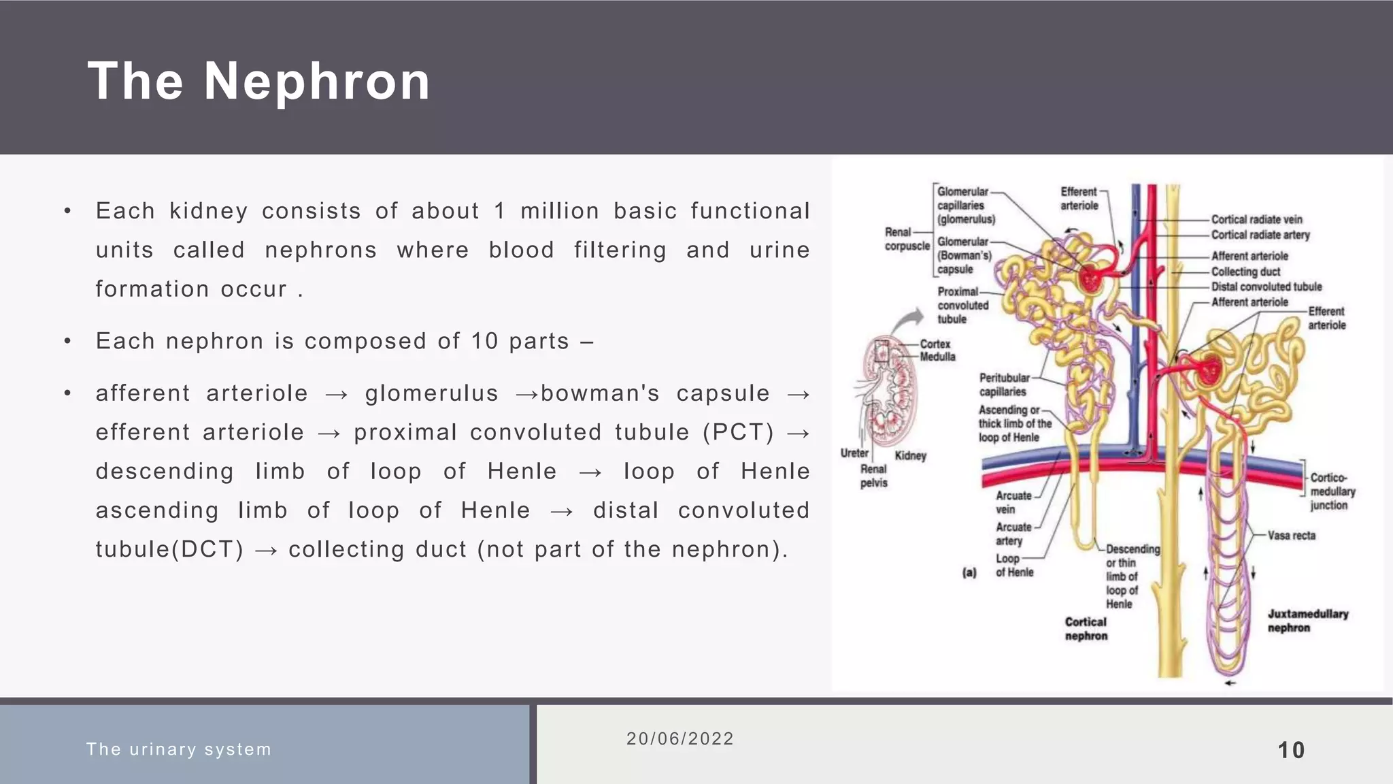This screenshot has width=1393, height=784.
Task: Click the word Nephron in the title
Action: click(317, 82)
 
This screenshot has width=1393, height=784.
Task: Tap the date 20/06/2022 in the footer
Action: click(679, 739)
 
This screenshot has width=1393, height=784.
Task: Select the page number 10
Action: click(1290, 750)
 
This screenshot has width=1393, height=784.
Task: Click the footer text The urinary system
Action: click(179, 749)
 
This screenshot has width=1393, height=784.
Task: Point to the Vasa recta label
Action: click(1291, 536)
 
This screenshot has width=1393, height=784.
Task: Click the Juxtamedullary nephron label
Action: click(1307, 621)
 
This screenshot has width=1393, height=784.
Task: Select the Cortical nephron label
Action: click(1086, 629)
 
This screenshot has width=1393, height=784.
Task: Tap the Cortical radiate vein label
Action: click(1256, 219)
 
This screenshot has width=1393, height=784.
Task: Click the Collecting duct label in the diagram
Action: click(1245, 272)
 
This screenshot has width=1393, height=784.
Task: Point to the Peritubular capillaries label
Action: click(1004, 385)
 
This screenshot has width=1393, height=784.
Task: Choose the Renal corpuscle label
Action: click(906, 239)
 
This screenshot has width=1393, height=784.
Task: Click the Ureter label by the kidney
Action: click(854, 453)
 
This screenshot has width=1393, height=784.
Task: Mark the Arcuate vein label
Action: click(1013, 502)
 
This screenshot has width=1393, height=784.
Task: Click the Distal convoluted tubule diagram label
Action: click(1266, 287)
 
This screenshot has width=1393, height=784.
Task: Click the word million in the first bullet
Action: click(560, 211)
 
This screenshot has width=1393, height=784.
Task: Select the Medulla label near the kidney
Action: click(937, 357)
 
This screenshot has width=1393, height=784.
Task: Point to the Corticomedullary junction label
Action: click(1332, 491)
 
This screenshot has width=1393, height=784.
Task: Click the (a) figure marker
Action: click(969, 572)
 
